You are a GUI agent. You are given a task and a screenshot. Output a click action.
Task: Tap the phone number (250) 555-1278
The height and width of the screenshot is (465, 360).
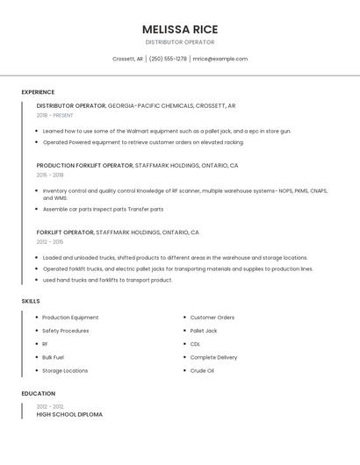click(x=168, y=59)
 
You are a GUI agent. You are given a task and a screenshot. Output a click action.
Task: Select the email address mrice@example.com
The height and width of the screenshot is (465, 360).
click(x=220, y=59)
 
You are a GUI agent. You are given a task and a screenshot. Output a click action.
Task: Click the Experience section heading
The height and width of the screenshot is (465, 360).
click(x=38, y=92)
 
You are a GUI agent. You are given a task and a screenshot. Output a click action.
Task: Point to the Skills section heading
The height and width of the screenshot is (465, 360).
click(x=30, y=301)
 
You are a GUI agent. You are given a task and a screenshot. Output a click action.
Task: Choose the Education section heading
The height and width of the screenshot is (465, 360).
click(x=38, y=394)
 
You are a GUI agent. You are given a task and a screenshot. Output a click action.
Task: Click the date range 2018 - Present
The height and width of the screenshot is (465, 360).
click(x=54, y=115)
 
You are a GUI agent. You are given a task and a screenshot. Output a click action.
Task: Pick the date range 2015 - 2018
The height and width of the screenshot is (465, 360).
click(x=50, y=175)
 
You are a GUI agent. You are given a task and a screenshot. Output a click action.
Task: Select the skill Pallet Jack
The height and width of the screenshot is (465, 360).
click(x=204, y=331)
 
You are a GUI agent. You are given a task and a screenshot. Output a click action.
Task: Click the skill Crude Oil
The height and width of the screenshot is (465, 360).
click(x=202, y=370)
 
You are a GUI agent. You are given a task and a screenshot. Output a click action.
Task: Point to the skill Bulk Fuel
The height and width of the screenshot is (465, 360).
click(x=53, y=357)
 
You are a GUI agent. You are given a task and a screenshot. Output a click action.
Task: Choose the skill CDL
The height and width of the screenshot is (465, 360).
click(x=195, y=344)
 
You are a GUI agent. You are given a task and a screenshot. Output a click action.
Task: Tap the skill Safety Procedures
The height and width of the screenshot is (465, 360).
click(x=65, y=331)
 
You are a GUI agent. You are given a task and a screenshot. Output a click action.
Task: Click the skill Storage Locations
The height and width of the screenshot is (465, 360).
click(x=65, y=370)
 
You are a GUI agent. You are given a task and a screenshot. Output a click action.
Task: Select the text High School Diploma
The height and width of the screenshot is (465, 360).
click(x=69, y=414)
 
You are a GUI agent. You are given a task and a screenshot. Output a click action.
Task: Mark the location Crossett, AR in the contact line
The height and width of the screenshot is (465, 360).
click(x=127, y=59)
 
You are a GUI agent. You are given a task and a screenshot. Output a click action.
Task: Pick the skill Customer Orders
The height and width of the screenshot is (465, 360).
click(x=212, y=318)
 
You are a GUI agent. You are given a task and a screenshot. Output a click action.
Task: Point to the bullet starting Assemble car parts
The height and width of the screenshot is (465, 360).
click(x=103, y=209)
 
